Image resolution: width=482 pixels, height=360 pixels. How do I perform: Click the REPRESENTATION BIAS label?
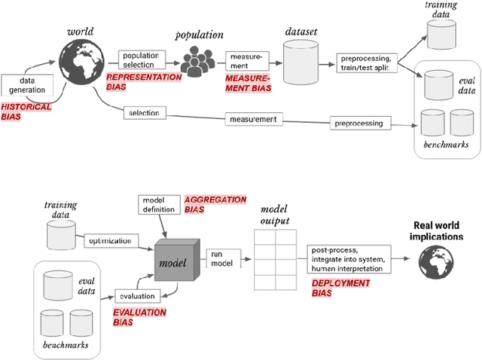(144, 81)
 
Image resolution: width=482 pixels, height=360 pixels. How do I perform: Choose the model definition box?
(159, 204)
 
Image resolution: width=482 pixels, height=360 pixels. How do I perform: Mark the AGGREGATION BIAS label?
(215, 204)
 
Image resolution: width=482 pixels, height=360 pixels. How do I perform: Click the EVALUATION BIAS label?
(140, 316)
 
